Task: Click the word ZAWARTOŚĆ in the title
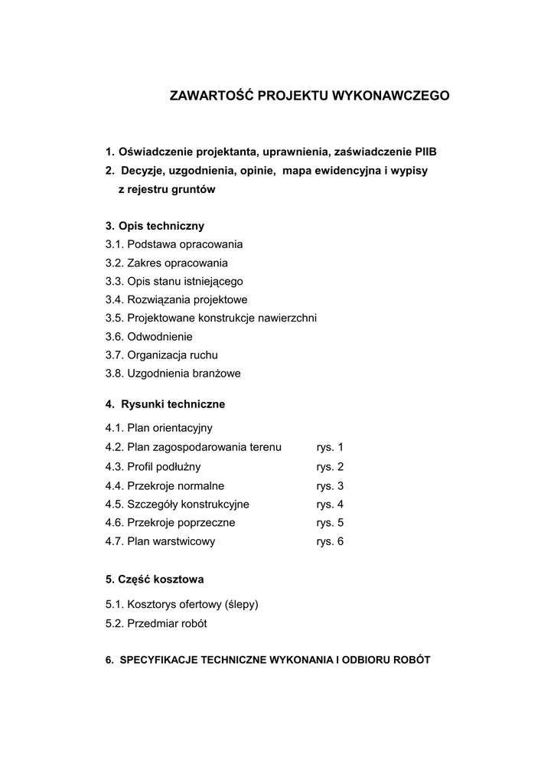211,96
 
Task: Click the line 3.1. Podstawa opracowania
174,244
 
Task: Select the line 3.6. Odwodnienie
149,336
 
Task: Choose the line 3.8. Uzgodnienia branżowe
174,374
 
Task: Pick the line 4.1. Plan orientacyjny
159,428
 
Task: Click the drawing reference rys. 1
330,447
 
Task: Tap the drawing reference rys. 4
330,504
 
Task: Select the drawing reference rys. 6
330,541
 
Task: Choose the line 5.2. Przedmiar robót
156,623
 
